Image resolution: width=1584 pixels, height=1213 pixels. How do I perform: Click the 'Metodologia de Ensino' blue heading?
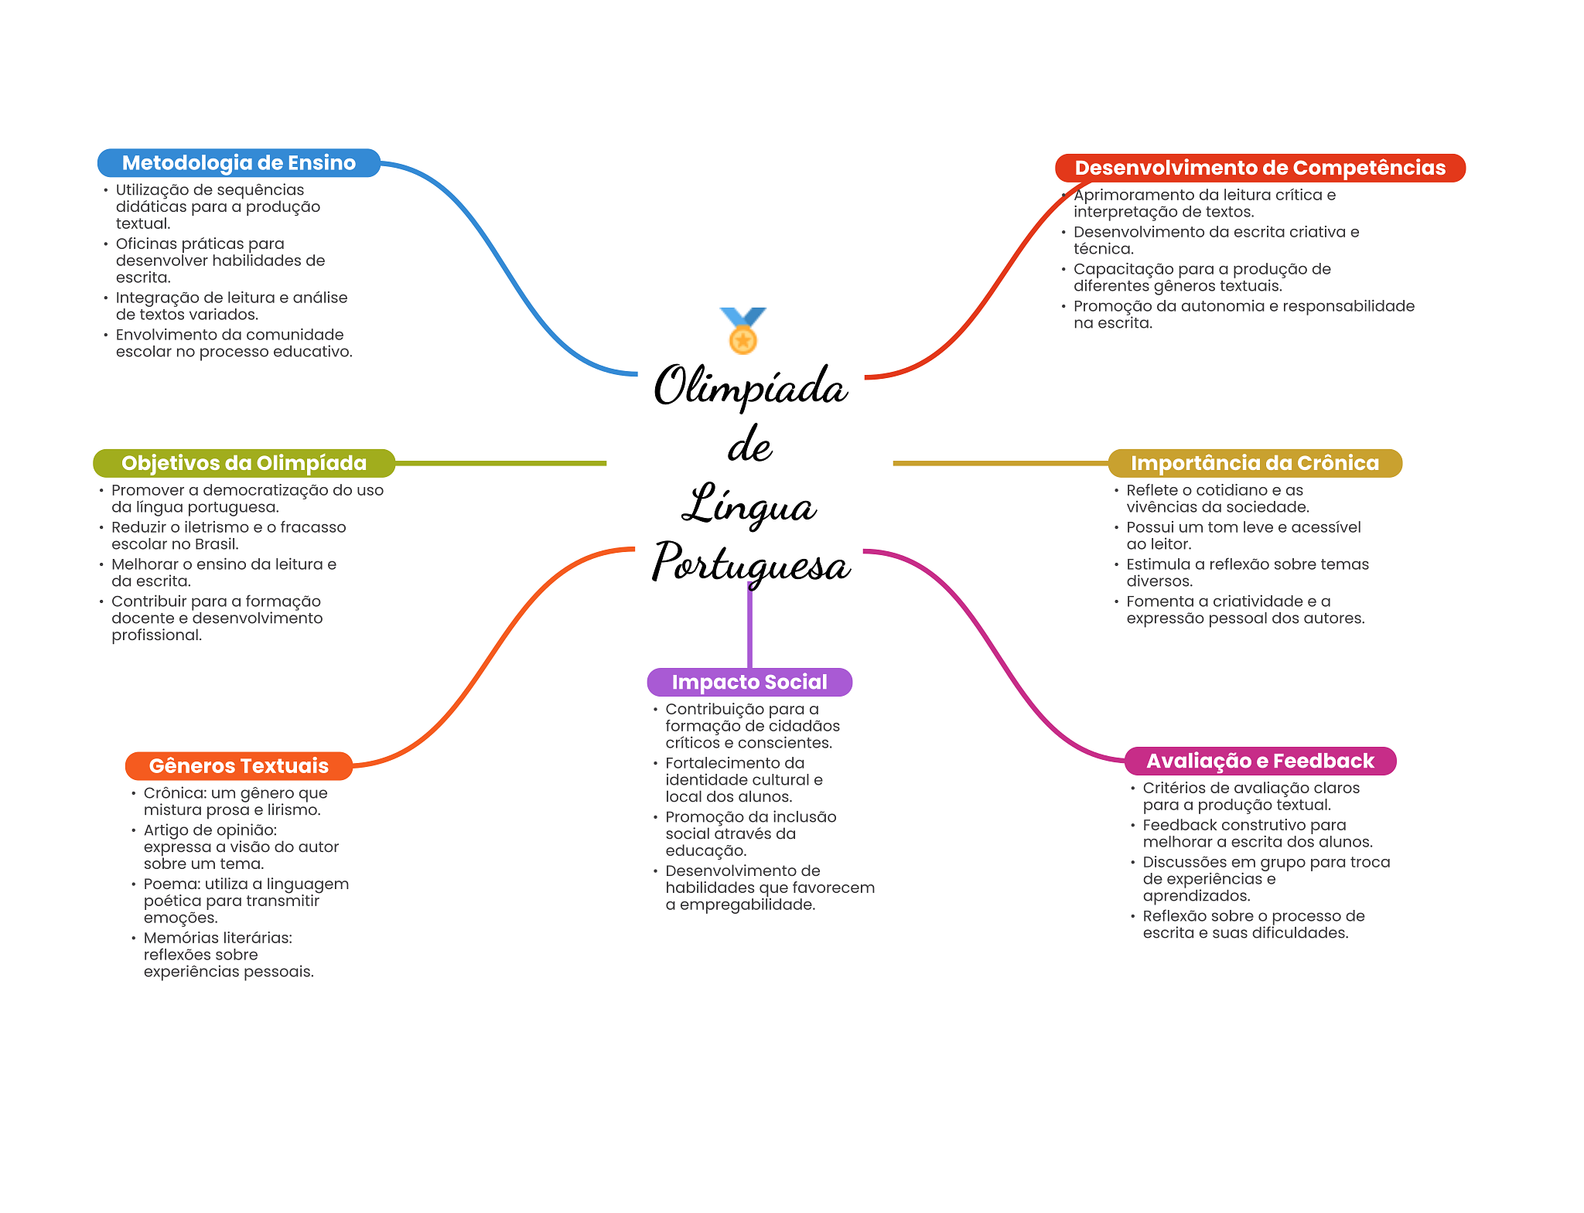coord(238,163)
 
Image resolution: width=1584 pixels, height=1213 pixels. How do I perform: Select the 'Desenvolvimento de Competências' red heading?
coord(1260,168)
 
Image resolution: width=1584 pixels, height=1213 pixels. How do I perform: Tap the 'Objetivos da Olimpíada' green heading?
coord(244,463)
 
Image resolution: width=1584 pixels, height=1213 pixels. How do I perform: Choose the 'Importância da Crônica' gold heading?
coord(1255,463)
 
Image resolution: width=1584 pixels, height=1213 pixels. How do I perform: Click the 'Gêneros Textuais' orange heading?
coord(238,766)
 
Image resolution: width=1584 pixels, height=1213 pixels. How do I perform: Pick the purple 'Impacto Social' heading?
coord(749,682)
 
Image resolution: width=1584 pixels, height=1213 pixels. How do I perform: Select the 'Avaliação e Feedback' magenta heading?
coord(1260,761)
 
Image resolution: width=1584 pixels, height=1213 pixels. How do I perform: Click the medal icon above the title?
coord(742,331)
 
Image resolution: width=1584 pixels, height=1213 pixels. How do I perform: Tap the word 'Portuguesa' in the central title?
coord(751,563)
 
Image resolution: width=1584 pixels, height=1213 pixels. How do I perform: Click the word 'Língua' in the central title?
coord(749,504)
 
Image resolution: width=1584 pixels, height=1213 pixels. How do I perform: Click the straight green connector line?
coord(500,463)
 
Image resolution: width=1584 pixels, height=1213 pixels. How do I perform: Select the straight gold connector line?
coord(1001,463)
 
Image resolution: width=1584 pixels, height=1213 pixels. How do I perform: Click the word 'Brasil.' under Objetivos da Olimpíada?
coord(217,543)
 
